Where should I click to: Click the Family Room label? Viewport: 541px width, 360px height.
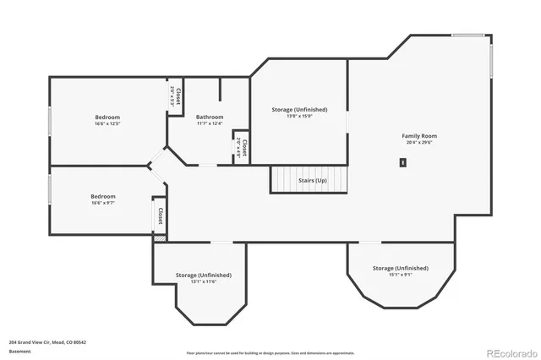pyautogui.click(x=418, y=135)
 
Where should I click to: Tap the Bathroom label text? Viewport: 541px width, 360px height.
pyautogui.click(x=210, y=117)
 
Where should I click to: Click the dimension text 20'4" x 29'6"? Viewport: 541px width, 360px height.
pyautogui.click(x=418, y=143)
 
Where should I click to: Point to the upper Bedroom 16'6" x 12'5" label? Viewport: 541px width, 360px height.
pyautogui.click(x=107, y=117)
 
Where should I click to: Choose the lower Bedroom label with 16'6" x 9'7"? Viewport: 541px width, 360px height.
pyautogui.click(x=103, y=196)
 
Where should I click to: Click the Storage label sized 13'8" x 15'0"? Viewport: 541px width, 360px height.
pyautogui.click(x=299, y=109)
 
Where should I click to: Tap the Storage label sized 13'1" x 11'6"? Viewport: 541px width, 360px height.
pyautogui.click(x=203, y=275)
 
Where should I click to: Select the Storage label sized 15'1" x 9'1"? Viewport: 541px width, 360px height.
pyautogui.click(x=401, y=268)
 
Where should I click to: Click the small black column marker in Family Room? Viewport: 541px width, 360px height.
pyautogui.click(x=403, y=163)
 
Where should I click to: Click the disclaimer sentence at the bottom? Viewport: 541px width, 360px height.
pyautogui.click(x=270, y=352)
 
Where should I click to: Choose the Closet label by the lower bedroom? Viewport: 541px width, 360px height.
pyautogui.click(x=160, y=215)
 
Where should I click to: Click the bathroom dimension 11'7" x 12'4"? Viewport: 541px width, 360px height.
pyautogui.click(x=210, y=124)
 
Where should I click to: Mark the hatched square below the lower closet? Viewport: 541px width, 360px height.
pyautogui.click(x=159, y=239)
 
